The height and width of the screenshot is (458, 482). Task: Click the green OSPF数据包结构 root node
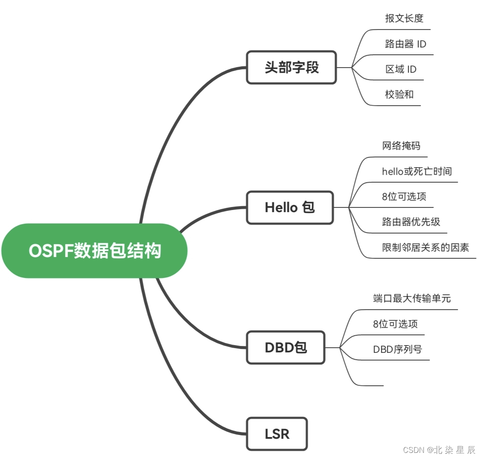click(x=94, y=251)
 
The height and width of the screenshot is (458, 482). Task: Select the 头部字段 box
click(x=292, y=68)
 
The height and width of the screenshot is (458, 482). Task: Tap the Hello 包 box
click(x=290, y=207)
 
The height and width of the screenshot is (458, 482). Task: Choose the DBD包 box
click(x=286, y=347)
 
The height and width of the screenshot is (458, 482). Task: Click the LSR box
click(x=277, y=434)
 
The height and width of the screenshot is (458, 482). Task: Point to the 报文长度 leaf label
click(x=404, y=18)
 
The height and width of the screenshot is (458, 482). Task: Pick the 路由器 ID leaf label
click(x=405, y=44)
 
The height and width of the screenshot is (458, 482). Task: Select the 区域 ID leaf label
click(x=400, y=69)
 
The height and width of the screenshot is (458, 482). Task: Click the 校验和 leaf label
click(x=399, y=95)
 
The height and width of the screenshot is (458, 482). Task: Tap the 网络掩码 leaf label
click(x=401, y=146)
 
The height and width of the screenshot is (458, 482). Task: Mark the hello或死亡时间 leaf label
click(x=417, y=171)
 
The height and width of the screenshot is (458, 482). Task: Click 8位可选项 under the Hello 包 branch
click(x=404, y=197)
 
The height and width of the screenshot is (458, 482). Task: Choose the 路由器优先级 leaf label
click(x=411, y=222)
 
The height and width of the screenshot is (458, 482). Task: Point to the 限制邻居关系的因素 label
click(x=425, y=247)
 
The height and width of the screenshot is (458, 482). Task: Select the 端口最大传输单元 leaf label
click(x=412, y=298)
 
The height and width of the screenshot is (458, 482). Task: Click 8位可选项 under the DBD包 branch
click(x=395, y=324)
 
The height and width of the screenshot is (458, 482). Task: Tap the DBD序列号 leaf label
click(x=397, y=349)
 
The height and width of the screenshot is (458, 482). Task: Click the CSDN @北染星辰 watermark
click(x=439, y=450)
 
